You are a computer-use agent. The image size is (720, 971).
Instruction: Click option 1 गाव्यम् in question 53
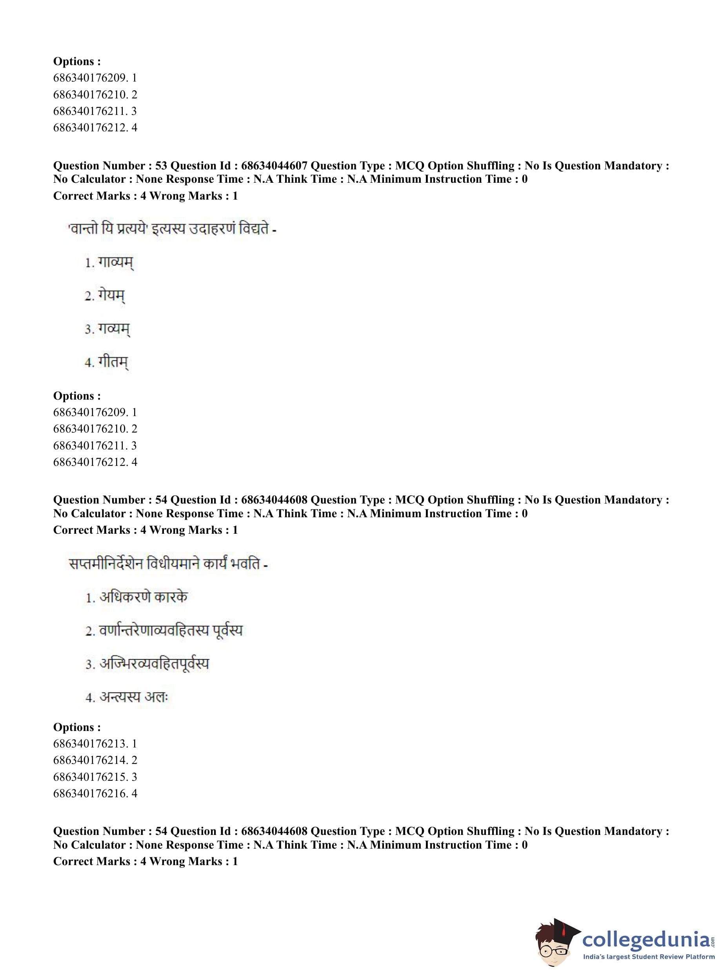[x=109, y=263]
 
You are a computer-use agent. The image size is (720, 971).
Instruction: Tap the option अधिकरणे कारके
[x=136, y=597]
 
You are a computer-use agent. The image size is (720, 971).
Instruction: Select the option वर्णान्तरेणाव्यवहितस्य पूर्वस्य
[x=164, y=631]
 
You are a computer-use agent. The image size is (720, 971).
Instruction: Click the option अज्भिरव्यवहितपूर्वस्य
[x=147, y=664]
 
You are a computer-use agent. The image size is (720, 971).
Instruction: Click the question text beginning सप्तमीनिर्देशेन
[x=168, y=564]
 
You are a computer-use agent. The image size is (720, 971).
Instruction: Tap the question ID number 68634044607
[x=274, y=165]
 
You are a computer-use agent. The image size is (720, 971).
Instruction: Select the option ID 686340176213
[x=90, y=744]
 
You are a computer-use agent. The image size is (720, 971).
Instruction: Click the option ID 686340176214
[x=90, y=760]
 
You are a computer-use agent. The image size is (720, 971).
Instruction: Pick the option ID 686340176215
[x=90, y=776]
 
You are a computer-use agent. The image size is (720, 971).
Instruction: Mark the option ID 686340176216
[x=90, y=793]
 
